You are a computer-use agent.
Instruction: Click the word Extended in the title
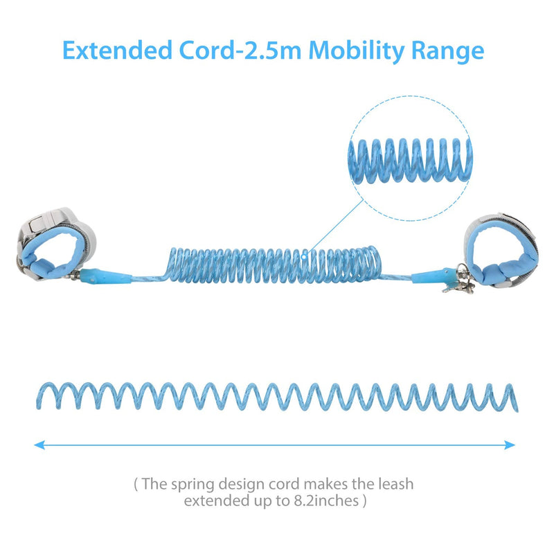pyautogui.click(x=117, y=50)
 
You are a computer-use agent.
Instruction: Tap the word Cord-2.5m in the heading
pyautogui.click(x=240, y=50)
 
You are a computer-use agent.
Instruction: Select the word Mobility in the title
pyautogui.click(x=357, y=51)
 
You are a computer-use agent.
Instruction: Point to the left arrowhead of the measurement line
pyautogui.click(x=39, y=445)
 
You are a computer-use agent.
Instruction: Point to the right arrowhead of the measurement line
pyautogui.click(x=510, y=445)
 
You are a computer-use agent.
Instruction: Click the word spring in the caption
pyautogui.click(x=193, y=484)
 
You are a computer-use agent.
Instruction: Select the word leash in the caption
pyautogui.click(x=395, y=483)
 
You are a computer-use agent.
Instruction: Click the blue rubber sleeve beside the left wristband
pyautogui.click(x=105, y=276)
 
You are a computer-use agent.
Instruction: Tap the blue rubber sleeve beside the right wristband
pyautogui.click(x=432, y=276)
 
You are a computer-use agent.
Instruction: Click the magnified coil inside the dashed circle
pyautogui.click(x=410, y=161)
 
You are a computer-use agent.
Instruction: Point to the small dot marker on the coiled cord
pyautogui.click(x=304, y=256)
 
